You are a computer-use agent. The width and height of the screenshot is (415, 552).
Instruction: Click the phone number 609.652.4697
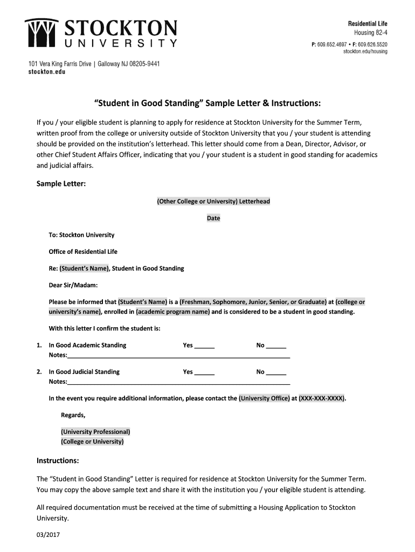coord(333,44)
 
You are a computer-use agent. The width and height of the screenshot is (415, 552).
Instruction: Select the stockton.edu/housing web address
coord(365,52)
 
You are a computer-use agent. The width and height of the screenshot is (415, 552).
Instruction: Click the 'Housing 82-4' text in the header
coord(369,32)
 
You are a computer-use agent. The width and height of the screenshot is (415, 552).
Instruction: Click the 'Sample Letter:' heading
coord(61,184)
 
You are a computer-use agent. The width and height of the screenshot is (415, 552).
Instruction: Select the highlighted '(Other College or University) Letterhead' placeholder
coord(213,202)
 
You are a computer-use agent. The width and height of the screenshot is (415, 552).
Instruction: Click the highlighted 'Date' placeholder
coord(213,218)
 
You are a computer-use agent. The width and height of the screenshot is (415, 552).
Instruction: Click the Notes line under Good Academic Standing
coord(178,356)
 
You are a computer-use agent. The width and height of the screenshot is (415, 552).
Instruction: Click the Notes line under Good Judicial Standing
coord(178,382)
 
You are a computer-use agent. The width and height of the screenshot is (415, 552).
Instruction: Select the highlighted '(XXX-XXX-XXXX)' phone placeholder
coord(322,399)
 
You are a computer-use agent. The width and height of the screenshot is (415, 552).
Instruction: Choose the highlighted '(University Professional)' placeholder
coord(95,432)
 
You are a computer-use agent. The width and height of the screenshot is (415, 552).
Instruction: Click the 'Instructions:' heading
coord(58,461)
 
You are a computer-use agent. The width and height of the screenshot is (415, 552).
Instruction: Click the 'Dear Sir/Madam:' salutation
coord(73,285)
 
